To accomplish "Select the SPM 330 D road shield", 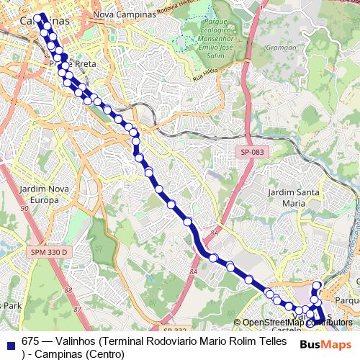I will point(48,252).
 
